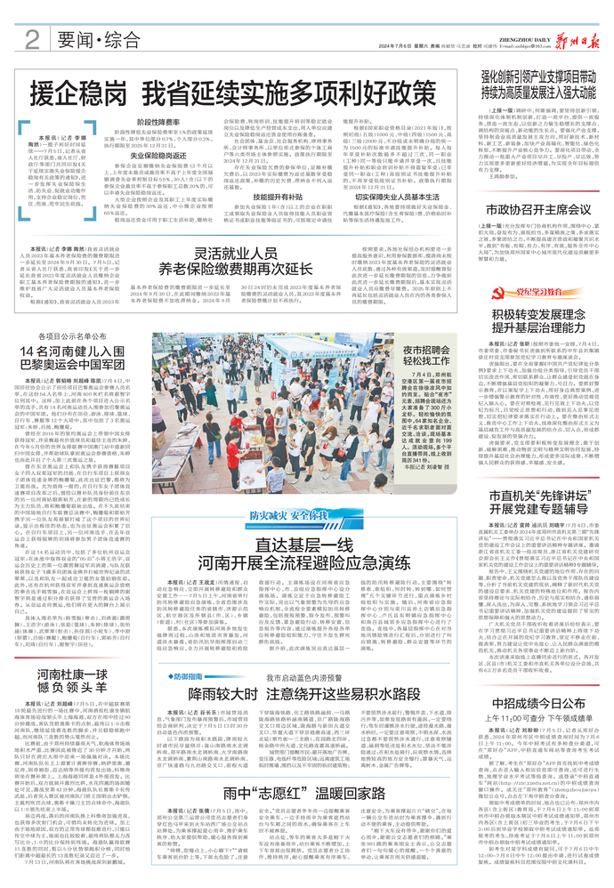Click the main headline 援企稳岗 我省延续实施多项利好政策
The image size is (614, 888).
(241, 93)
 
